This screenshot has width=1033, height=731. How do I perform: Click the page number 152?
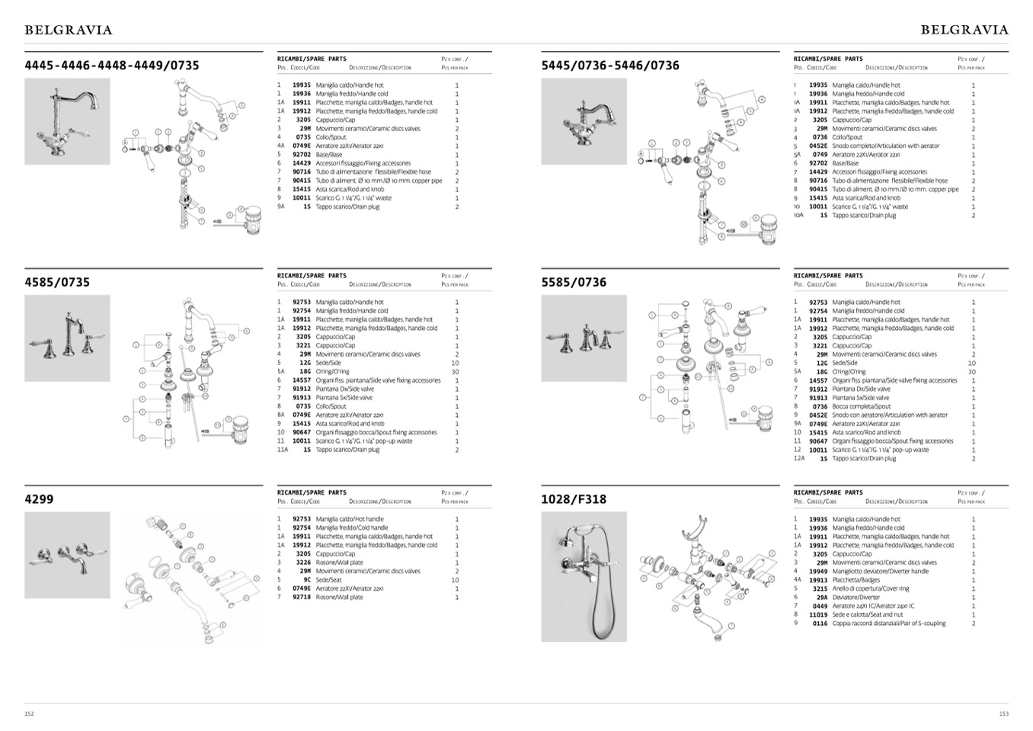tap(29, 714)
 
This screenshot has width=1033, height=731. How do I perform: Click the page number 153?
tap(1003, 714)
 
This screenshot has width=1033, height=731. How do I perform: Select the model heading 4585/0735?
tap(57, 282)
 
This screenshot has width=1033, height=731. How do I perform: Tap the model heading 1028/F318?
tap(574, 499)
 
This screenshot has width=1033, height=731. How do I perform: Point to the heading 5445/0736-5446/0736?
tap(609, 66)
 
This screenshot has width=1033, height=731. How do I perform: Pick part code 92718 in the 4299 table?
tap(302, 598)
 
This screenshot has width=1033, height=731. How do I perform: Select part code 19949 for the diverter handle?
tap(818, 572)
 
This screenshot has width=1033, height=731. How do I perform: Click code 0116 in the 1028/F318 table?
tap(820, 624)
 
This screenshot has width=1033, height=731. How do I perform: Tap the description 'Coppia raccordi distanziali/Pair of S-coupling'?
tap(888, 624)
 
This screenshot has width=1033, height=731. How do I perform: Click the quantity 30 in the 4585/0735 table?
tap(456, 372)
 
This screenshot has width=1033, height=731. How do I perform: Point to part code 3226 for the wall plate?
tap(303, 563)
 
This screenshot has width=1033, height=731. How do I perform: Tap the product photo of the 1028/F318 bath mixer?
tap(584, 576)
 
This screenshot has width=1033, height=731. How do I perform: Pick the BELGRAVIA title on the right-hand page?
tap(964, 30)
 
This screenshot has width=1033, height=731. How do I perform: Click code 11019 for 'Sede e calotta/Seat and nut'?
tap(818, 614)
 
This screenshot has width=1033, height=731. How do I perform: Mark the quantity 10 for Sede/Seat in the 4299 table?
tap(456, 580)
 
